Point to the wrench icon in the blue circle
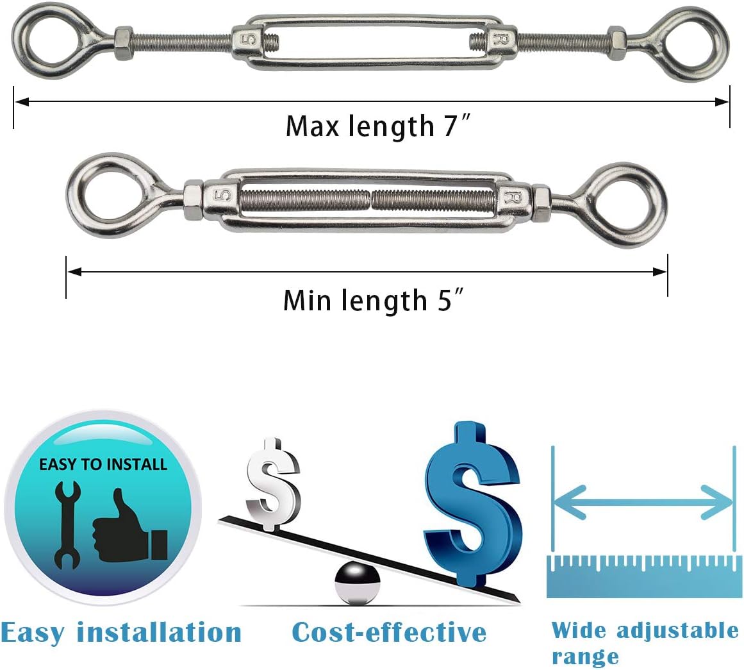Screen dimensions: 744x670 tap(67, 525)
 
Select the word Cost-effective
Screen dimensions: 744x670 tap(389, 632)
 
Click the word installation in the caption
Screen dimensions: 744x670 tap(160, 632)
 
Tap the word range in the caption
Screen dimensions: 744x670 tap(585, 657)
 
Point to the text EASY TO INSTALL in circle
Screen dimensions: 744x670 tap(103, 464)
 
